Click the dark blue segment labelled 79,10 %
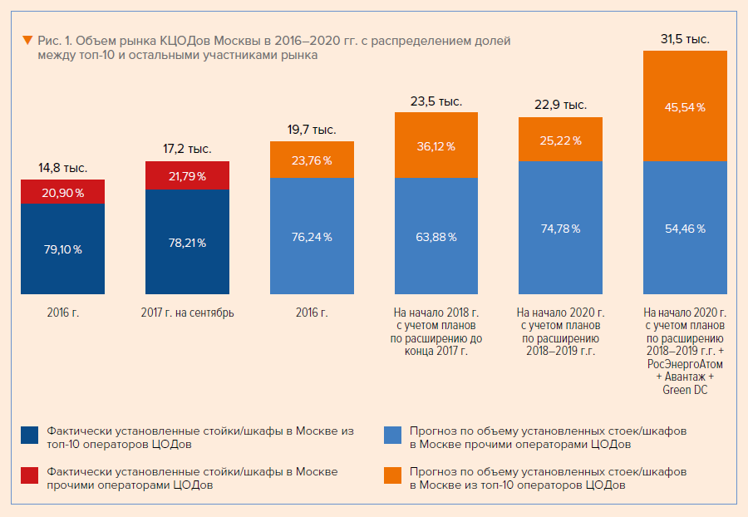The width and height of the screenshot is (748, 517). pos(62,249)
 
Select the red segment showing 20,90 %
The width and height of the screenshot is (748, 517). pos(62,191)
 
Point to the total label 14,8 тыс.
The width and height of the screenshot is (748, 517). pos(62,168)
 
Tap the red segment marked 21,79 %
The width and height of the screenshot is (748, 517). pos(187,176)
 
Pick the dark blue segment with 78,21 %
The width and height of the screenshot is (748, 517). pos(187,243)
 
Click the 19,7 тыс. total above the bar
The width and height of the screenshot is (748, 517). pos(312,130)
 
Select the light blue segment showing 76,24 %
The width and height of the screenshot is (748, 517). pos(312,237)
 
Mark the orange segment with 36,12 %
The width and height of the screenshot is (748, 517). pos(436,145)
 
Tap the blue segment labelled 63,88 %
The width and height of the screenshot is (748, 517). pos(436,237)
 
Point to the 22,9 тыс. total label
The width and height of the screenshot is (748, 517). pos(561,105)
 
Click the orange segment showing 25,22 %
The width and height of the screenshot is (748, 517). pos(561,139)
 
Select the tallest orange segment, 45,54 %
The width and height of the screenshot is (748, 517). pos(686,106)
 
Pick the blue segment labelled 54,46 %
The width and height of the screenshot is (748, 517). pos(686,228)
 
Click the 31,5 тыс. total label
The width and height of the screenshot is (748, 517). pos(686,38)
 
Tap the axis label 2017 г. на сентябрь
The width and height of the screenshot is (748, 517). pos(187,313)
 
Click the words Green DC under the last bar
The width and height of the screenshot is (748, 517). pos(686,389)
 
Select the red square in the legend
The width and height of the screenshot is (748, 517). pos(29,475)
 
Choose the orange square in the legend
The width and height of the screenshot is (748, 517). pos(393,475)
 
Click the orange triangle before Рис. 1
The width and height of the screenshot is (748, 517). pos(28,40)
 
